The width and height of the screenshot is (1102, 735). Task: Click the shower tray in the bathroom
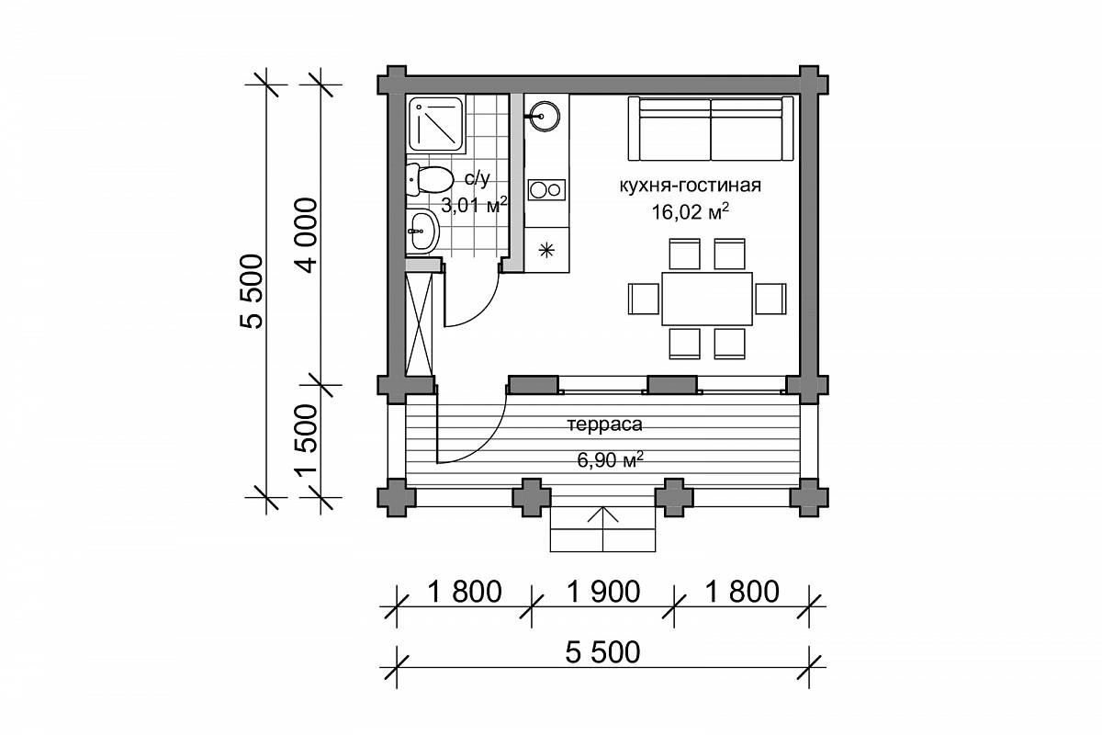pos(436,123)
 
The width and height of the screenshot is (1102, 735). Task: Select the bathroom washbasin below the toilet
pos(422,231)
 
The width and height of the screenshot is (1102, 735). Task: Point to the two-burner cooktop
pos(546,189)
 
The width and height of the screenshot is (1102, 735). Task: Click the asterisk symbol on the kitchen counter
pos(546,251)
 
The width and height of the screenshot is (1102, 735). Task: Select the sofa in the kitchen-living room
pos(711,129)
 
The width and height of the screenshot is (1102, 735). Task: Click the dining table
pos(707,299)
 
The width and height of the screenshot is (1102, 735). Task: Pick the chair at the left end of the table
pos(644,299)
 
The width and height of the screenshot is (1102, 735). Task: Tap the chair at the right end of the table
pos(770,299)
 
